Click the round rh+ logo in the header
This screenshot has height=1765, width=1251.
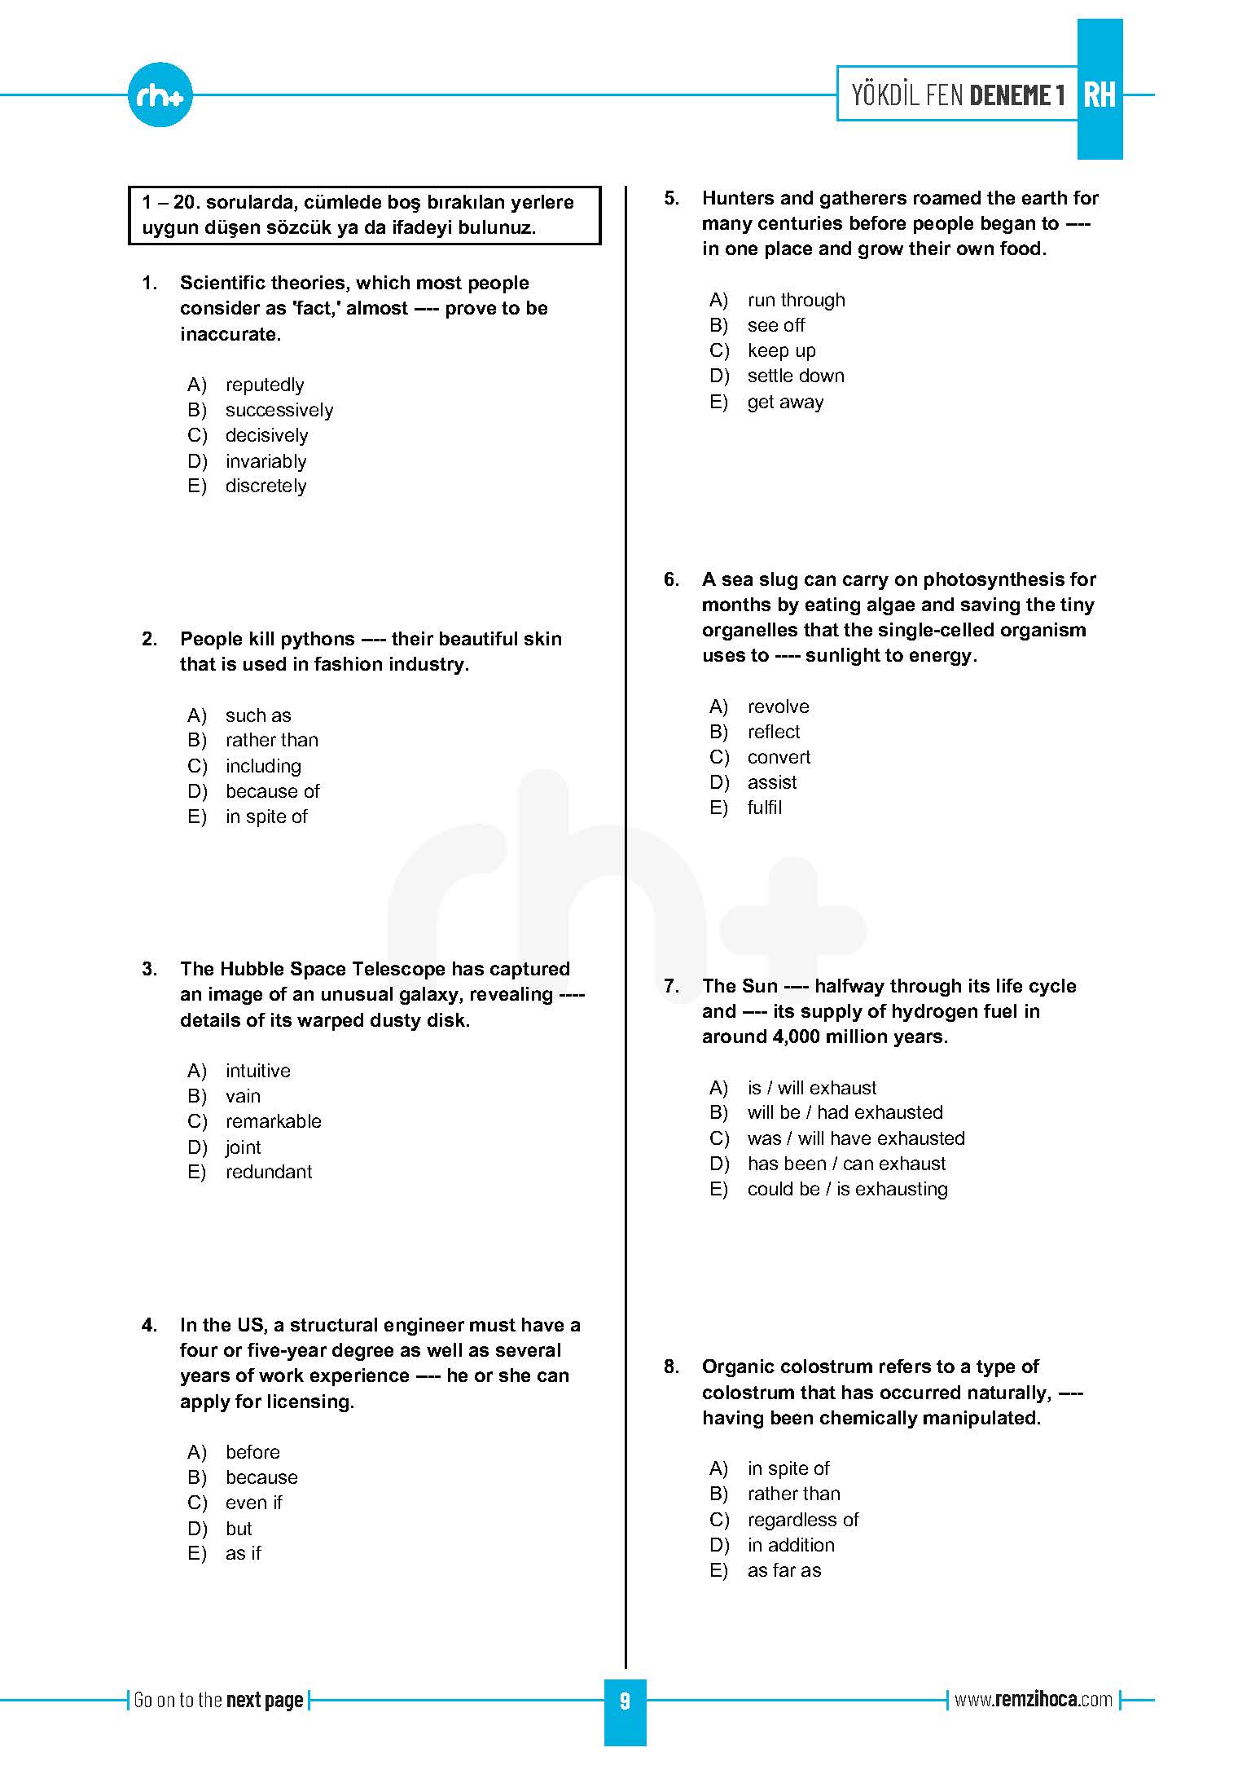click(x=160, y=95)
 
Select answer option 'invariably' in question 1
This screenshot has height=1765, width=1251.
click(x=266, y=461)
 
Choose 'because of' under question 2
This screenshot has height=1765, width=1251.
click(x=272, y=791)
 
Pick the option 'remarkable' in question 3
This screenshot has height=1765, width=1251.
click(x=273, y=1121)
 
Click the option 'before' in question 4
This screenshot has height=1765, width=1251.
click(x=252, y=1452)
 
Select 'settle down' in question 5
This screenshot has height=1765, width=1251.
click(x=795, y=376)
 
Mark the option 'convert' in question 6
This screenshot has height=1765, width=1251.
click(x=779, y=757)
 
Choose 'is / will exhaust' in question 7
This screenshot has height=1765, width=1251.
click(x=811, y=1088)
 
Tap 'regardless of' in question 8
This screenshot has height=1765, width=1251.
click(x=802, y=1520)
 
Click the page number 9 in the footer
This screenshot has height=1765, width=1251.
click(x=625, y=1701)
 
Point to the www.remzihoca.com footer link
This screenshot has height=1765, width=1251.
click(x=1033, y=1700)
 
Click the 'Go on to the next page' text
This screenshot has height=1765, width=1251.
click(x=218, y=1700)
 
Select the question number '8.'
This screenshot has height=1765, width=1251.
click(x=671, y=1367)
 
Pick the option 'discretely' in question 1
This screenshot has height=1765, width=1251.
click(x=266, y=486)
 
